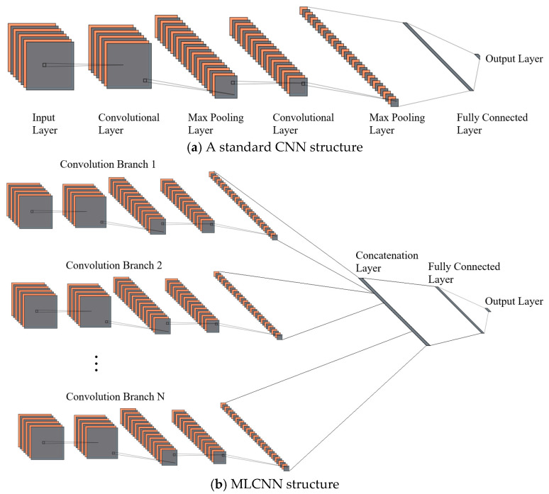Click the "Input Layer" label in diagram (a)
click(x=45, y=123)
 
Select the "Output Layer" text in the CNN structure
click(x=514, y=58)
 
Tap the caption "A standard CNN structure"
click(x=284, y=147)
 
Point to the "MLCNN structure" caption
click(x=285, y=484)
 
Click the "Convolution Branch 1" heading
click(x=108, y=164)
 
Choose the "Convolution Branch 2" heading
click(x=113, y=265)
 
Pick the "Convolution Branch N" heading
click(x=115, y=396)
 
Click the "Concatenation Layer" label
click(x=387, y=262)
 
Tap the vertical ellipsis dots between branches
click(x=96, y=364)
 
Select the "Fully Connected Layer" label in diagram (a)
click(x=492, y=123)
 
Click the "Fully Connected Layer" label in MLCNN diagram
click(x=464, y=273)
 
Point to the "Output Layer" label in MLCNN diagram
click(x=514, y=301)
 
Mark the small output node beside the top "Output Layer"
click(x=477, y=56)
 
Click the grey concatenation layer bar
click(x=394, y=312)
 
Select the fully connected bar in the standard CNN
click(x=438, y=57)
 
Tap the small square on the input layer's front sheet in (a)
click(x=44, y=64)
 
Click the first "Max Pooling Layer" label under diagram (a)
click(x=216, y=123)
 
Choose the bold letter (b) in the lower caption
click(x=218, y=484)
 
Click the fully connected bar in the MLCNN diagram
click(x=460, y=310)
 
